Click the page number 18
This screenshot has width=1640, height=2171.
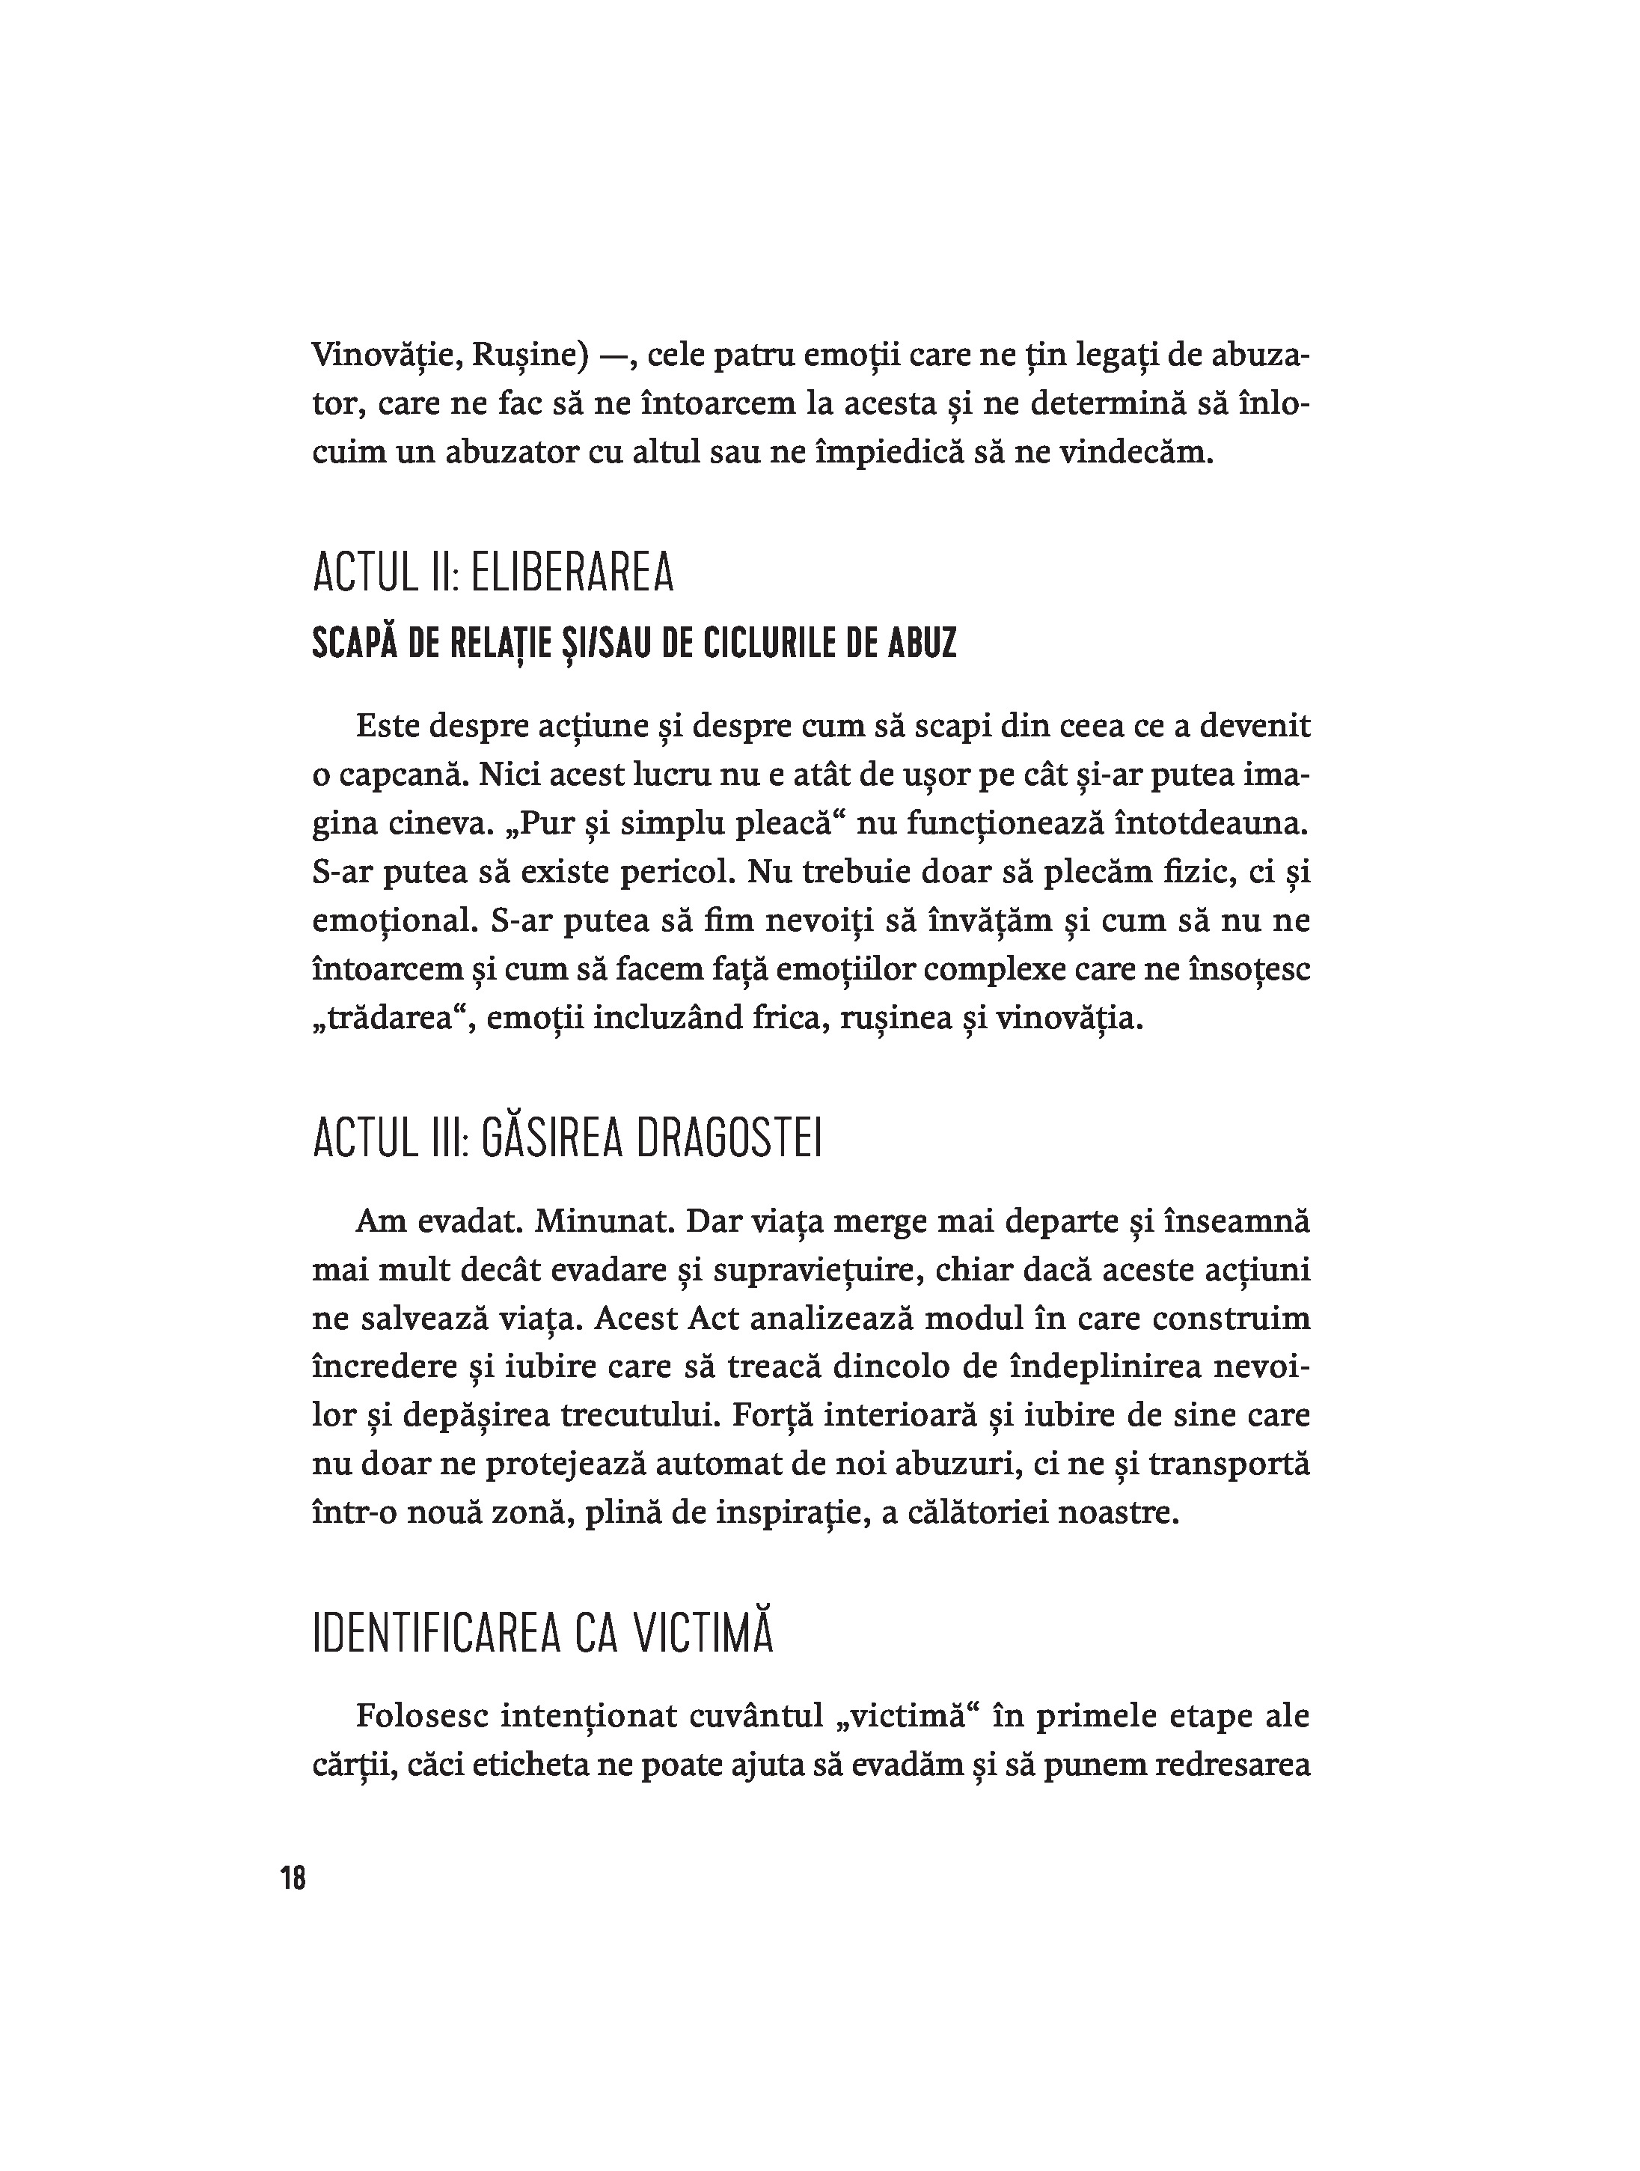coord(293,1878)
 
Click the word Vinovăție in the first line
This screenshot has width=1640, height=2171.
coord(384,355)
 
